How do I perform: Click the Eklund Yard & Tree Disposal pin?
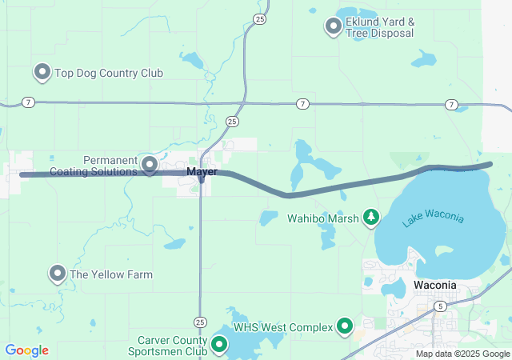pos(333,26)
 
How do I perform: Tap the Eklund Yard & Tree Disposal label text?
pos(380,27)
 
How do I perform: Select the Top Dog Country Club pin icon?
pos(42,73)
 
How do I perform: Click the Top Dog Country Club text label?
pos(109,74)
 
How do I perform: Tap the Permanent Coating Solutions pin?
pos(150,165)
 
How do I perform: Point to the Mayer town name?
pos(202,172)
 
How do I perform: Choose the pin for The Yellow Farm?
pos(58,274)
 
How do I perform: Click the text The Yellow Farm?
pos(111,274)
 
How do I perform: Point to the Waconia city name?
pos(435,285)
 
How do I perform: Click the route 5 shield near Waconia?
pos(440,306)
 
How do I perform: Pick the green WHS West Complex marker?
pos(345,326)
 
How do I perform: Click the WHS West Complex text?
pos(283,327)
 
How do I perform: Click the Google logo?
pos(26,350)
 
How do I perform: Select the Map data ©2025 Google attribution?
pos(462,354)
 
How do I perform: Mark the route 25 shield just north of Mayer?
pos(231,122)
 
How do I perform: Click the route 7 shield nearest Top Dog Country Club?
pos(29,102)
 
